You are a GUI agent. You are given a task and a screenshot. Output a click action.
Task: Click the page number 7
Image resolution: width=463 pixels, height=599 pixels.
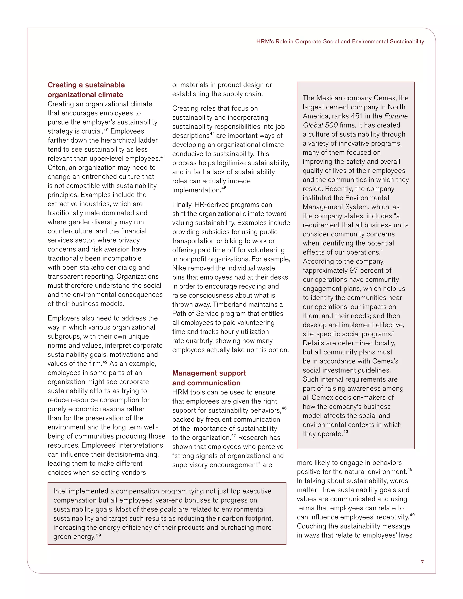click(422, 562)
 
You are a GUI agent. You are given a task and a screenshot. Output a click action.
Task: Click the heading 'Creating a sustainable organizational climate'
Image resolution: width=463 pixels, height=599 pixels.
click(86, 90)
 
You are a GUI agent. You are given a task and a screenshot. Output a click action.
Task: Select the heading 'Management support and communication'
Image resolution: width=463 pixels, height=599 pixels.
click(209, 378)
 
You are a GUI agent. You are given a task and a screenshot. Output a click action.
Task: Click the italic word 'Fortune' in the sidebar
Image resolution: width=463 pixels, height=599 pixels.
click(396, 116)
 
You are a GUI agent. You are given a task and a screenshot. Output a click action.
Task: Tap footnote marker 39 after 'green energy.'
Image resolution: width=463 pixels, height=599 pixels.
click(99, 535)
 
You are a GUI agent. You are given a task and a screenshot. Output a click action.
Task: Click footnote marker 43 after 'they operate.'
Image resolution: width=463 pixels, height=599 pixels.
click(346, 432)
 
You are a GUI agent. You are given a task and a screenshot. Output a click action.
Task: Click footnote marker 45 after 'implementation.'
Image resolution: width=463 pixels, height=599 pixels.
click(224, 188)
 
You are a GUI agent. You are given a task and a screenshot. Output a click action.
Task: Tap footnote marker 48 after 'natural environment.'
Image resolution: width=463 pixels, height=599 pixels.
click(410, 469)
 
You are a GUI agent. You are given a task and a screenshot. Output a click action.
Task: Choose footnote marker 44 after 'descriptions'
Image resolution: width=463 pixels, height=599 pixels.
click(212, 134)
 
